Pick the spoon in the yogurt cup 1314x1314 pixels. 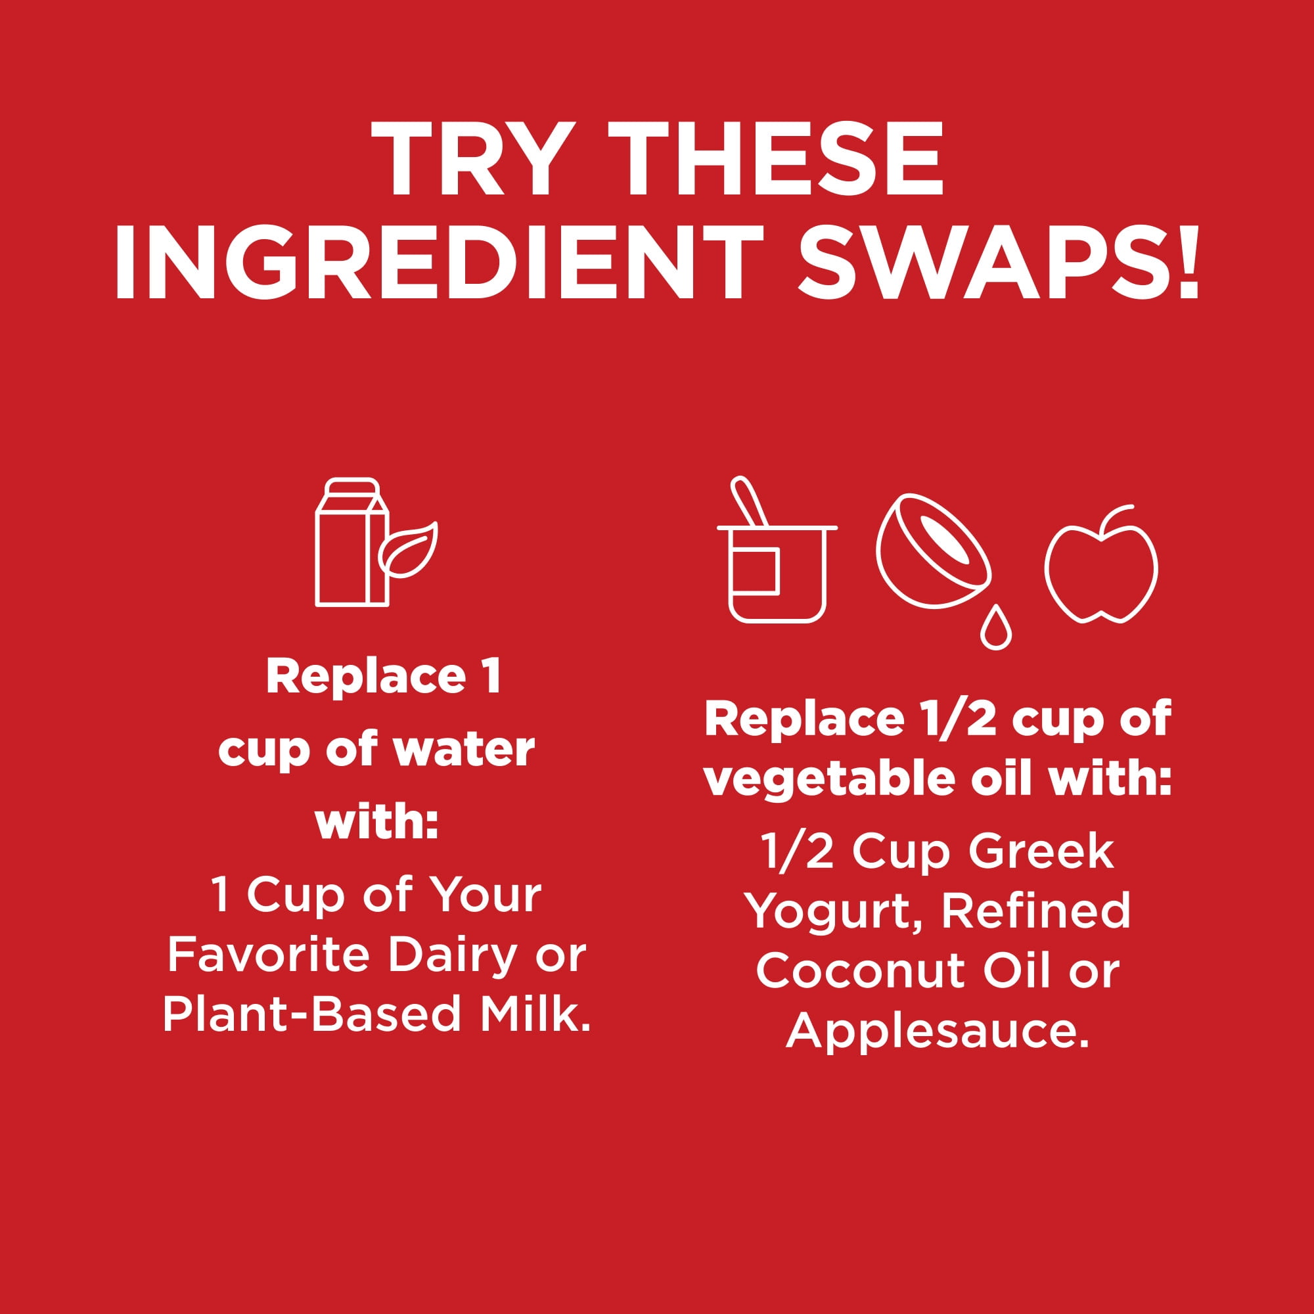749,502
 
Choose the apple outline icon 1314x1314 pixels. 1101,564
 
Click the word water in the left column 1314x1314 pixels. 464,750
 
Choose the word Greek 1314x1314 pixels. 1042,851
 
